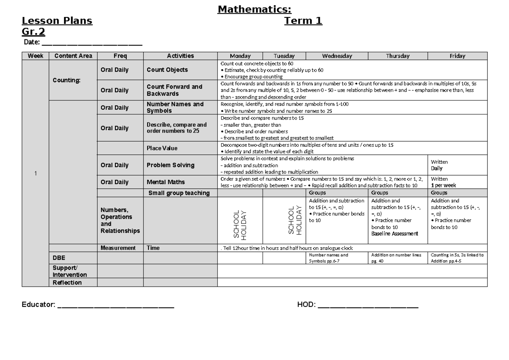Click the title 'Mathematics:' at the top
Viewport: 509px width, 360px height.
[x=255, y=9]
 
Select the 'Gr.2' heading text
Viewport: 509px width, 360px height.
[x=34, y=32]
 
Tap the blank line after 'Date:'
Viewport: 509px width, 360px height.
[x=92, y=45]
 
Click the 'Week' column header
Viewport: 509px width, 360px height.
[x=35, y=56]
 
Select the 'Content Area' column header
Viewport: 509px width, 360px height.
[x=73, y=56]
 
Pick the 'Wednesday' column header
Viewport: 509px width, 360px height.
[x=337, y=56]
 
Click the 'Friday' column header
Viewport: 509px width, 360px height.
[x=457, y=56]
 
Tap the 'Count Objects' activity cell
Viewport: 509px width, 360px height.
[x=167, y=70]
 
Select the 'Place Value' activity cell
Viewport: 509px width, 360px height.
[x=162, y=148]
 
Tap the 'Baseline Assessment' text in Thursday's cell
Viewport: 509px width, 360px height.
[x=394, y=234]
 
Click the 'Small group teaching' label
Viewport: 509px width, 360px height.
[x=179, y=193]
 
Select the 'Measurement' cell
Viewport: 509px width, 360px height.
[x=118, y=248]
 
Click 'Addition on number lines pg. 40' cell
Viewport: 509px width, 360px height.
[x=397, y=258]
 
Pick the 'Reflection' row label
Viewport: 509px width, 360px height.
[x=67, y=283]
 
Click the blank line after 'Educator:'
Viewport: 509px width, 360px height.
[x=115, y=305]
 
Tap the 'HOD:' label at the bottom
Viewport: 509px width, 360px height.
[x=306, y=305]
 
